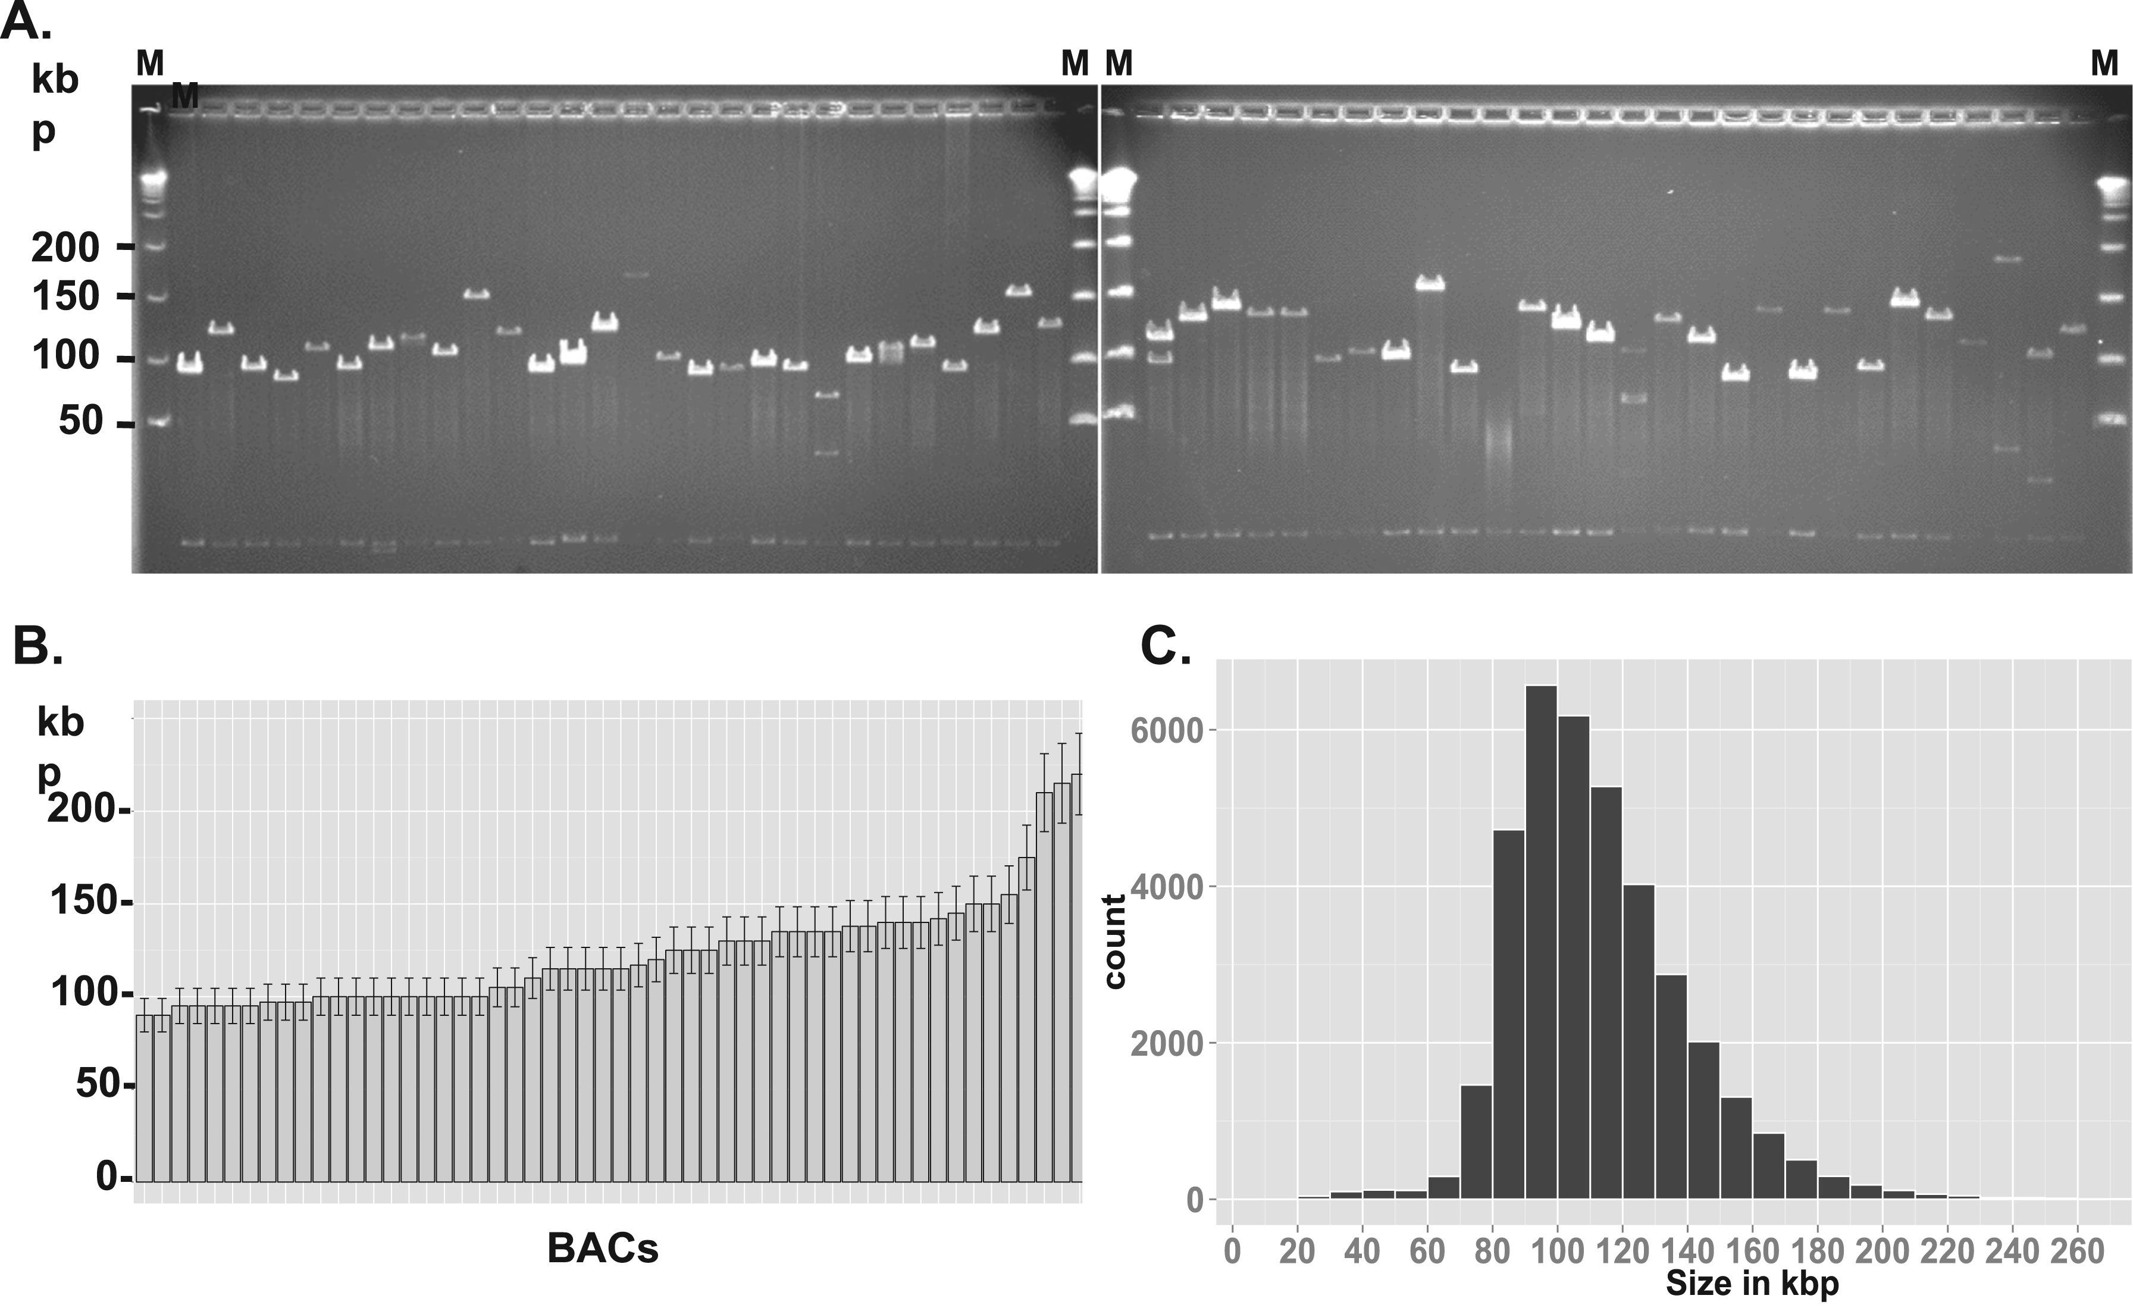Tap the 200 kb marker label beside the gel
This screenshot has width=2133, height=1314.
coord(66,249)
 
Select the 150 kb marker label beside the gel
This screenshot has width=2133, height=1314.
coord(66,297)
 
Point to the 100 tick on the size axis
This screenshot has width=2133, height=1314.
coord(1557,1252)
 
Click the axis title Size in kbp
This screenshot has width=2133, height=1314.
coord(1752,1284)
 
